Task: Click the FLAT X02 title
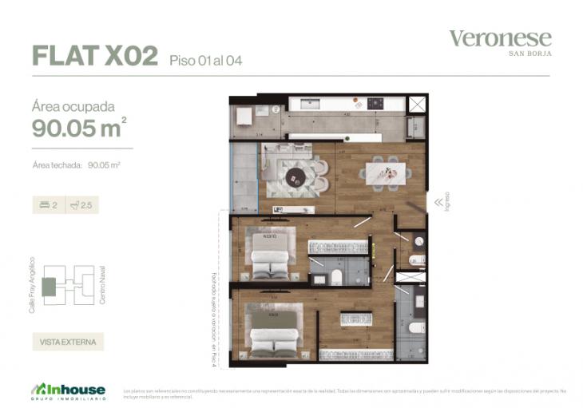[94, 55]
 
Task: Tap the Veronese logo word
[500, 38]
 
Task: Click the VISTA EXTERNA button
[68, 342]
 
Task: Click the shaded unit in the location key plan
[50, 285]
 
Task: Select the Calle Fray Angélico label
[32, 285]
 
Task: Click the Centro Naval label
[102, 286]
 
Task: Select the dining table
[387, 171]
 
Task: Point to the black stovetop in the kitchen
[375, 104]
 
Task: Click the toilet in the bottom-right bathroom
[413, 327]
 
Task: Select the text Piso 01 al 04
[205, 60]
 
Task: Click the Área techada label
[58, 166]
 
